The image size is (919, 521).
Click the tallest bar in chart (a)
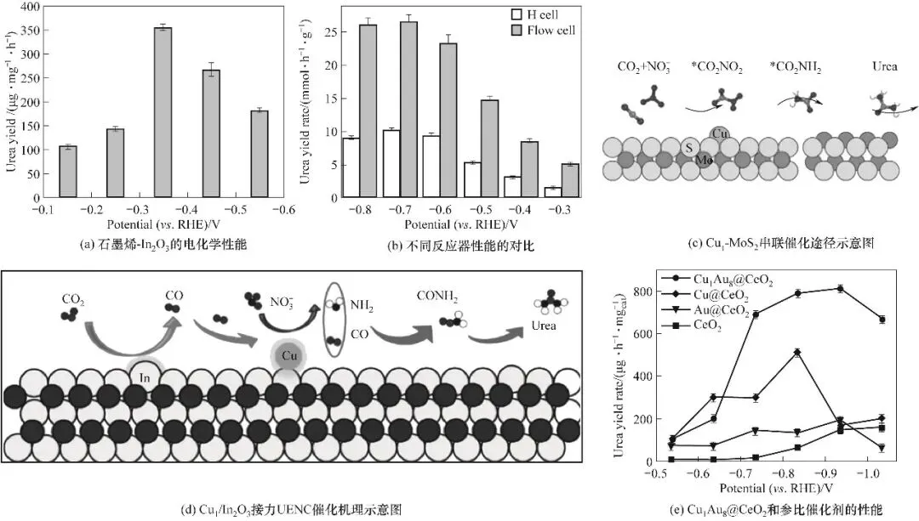tap(163, 112)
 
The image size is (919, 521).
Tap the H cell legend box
tap(517, 14)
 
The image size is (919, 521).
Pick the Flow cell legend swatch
tap(517, 31)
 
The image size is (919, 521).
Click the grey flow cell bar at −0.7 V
tap(408, 110)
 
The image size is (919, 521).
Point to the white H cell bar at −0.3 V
tap(553, 193)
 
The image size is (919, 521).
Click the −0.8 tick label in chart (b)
tap(359, 210)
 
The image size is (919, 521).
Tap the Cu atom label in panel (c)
tap(720, 133)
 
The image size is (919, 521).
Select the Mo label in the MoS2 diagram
tap(704, 159)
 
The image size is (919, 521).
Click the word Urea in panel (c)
tap(884, 66)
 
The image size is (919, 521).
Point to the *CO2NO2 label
tap(716, 68)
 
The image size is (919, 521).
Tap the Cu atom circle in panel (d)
tap(289, 355)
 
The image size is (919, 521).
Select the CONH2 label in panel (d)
tap(437, 297)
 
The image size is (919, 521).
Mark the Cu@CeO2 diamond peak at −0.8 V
tap(797, 353)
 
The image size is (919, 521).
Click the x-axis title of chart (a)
tap(163, 224)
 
